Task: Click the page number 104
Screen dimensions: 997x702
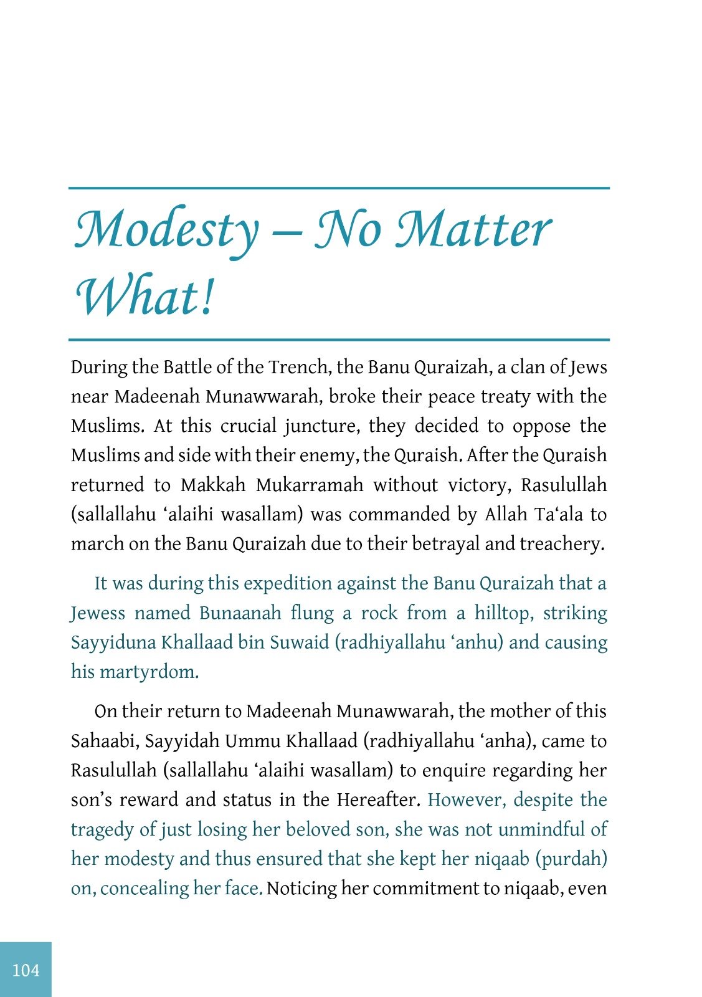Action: (x=26, y=970)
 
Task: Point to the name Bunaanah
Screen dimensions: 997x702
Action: (x=240, y=613)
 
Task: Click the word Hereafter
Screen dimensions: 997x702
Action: (x=379, y=800)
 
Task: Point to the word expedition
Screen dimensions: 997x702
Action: (x=287, y=584)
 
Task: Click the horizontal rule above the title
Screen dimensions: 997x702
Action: (x=339, y=188)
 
